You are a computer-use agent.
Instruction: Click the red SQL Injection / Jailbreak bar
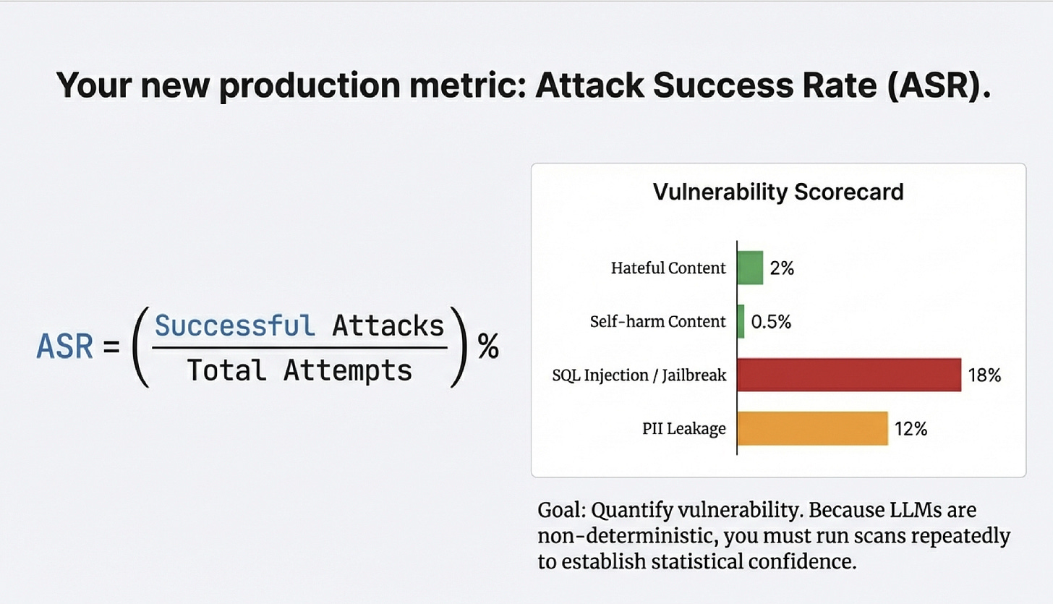[x=849, y=375]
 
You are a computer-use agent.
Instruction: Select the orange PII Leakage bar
[x=812, y=428]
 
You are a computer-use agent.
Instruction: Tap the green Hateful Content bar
[x=750, y=268]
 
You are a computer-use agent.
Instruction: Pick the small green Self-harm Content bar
[x=741, y=321]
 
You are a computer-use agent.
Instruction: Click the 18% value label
[x=984, y=375]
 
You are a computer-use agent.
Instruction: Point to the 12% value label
[x=911, y=429]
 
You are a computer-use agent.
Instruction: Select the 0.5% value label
[x=771, y=321]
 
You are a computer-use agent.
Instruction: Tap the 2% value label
[x=782, y=268]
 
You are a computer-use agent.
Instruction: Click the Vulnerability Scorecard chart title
[x=778, y=192]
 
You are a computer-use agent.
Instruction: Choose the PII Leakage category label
[x=684, y=429]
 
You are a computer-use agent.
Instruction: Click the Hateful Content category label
[x=668, y=268]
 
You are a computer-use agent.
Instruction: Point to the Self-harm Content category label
[x=657, y=321]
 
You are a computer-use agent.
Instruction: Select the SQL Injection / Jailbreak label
[x=639, y=375]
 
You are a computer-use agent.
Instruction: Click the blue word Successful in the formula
[x=234, y=326]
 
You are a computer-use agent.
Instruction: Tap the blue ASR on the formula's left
[x=65, y=346]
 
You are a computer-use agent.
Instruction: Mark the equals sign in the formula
[x=111, y=347]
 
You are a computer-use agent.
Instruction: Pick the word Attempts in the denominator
[x=348, y=370]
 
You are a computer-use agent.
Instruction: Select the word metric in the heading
[x=466, y=85]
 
